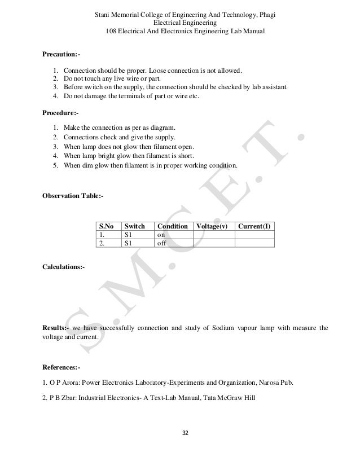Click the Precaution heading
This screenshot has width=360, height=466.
pyautogui.click(x=61, y=55)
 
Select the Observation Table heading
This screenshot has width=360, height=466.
pyautogui.click(x=73, y=196)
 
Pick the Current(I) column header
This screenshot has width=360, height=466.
pyautogui.click(x=254, y=226)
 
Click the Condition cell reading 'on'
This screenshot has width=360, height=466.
pyautogui.click(x=161, y=235)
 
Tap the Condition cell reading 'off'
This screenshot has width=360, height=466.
pyautogui.click(x=161, y=244)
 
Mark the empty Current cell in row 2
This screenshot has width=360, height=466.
pyautogui.click(x=254, y=244)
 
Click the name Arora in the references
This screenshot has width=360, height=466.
pyautogui.click(x=67, y=384)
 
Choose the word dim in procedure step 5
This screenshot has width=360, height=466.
pyautogui.click(x=87, y=166)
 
